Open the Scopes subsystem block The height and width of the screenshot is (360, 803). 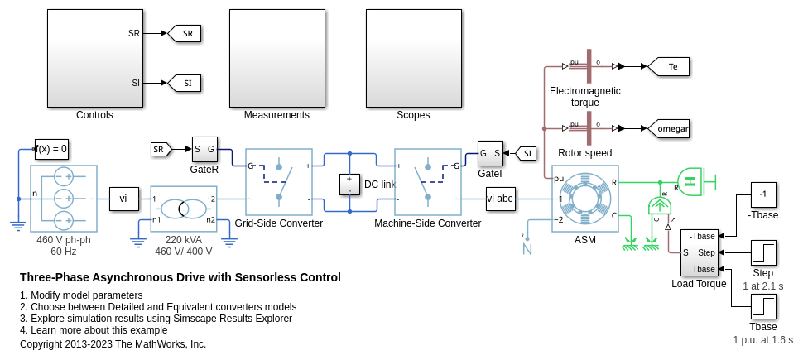click(x=413, y=58)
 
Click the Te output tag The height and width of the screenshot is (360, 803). click(x=668, y=66)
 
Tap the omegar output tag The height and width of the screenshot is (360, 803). click(x=668, y=128)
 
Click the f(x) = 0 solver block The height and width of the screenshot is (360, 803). click(x=51, y=149)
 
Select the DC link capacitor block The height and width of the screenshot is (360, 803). click(x=350, y=184)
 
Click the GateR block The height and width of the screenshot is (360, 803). click(x=204, y=149)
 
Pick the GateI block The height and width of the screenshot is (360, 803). click(x=490, y=152)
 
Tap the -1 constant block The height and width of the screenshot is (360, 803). click(x=762, y=194)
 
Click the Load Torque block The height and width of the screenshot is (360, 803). click(x=700, y=252)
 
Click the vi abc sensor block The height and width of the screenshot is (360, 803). click(x=500, y=199)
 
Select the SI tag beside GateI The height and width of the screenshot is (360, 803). click(x=525, y=153)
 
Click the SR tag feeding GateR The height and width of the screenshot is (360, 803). click(x=161, y=149)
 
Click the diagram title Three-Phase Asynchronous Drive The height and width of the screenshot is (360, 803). click(x=180, y=277)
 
